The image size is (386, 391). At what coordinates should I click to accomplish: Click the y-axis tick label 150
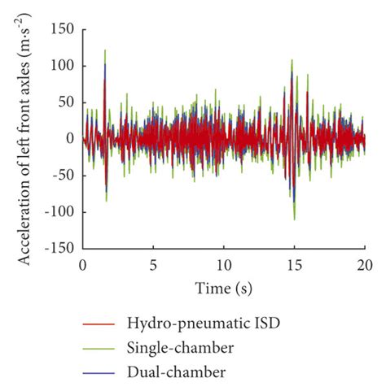64,29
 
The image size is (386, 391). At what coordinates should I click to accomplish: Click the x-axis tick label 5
153,264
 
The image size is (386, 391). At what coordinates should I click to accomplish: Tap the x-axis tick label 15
295,264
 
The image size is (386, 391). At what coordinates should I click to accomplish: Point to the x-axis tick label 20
365,264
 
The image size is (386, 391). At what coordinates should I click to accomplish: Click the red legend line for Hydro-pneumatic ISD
100,325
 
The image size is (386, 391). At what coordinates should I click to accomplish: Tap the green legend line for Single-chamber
100,348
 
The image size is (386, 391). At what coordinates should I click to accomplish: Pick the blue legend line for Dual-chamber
100,371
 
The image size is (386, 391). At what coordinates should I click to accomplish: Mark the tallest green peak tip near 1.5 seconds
105,50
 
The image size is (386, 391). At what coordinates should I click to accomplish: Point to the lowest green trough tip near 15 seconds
294,219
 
